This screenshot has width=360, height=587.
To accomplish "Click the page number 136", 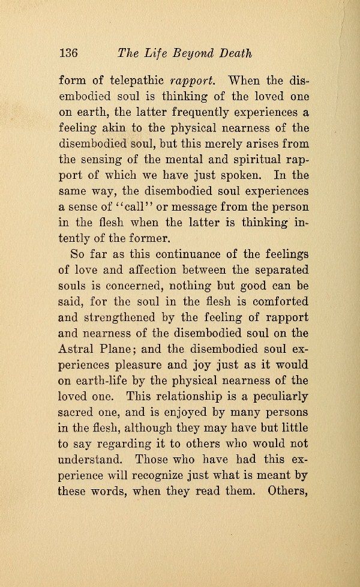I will pos(69,52).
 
